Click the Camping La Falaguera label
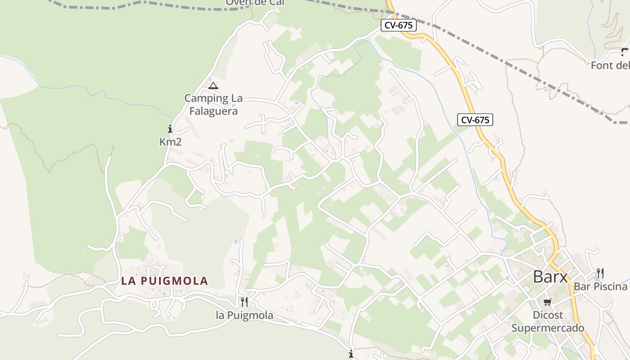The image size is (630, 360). tap(213, 104)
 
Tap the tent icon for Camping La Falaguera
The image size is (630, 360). tap(213, 85)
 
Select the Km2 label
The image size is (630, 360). tap(170, 142)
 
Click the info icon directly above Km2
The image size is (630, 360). tap(170, 129)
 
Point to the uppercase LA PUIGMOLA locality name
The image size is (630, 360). tap(165, 281)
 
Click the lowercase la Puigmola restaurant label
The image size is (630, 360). tap(244, 315)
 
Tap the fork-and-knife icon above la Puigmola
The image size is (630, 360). tap(244, 301)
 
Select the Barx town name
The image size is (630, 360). tap(550, 277)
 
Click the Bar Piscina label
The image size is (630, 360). tap(600, 287)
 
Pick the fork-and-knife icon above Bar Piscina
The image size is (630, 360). tap(600, 273)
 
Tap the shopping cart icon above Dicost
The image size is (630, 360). tap(547, 302)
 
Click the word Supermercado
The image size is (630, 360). tap(547, 328)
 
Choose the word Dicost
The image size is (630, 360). tap(548, 315)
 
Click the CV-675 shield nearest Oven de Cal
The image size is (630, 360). tap(399, 25)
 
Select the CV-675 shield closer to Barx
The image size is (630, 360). tap(475, 120)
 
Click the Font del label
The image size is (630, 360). tap(610, 65)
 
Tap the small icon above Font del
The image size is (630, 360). tap(625, 52)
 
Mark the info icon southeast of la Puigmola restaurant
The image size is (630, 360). tap(351, 353)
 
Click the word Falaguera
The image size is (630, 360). tap(213, 111)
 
